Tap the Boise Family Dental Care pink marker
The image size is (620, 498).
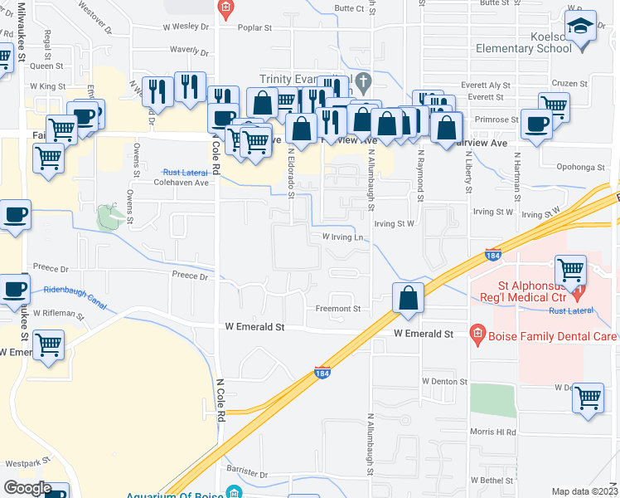pos(477,335)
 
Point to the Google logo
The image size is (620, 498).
pos(27,488)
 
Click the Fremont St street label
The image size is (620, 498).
pos(337,309)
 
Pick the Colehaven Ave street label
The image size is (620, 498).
pos(182,183)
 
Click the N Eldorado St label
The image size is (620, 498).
pos(292,174)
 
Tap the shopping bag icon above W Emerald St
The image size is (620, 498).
pos(408,299)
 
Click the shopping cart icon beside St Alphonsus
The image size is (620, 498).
pos(570,270)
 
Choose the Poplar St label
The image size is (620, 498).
pos(255,27)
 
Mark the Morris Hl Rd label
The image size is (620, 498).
pos(494,432)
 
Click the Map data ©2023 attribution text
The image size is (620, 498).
pos(585,491)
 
